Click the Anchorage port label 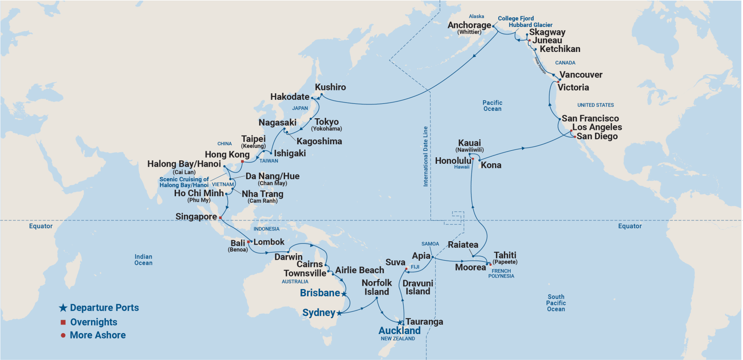tap(469, 26)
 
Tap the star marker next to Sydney tap(339, 313)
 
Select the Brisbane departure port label tap(320, 293)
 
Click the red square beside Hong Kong tap(242, 161)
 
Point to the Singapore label tap(196, 217)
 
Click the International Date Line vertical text tap(425, 156)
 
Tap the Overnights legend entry tap(93, 322)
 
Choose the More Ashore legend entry tap(98, 335)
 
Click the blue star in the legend tap(63, 308)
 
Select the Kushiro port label tap(330, 87)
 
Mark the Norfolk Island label tap(377, 287)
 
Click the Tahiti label tap(505, 255)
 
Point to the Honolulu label tap(453, 161)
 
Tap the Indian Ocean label tap(143, 260)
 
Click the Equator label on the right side tap(630, 226)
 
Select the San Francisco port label tap(590, 119)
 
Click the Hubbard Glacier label tap(530, 25)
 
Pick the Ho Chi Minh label tap(199, 193)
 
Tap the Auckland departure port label tap(399, 331)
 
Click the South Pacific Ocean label tap(556, 303)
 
